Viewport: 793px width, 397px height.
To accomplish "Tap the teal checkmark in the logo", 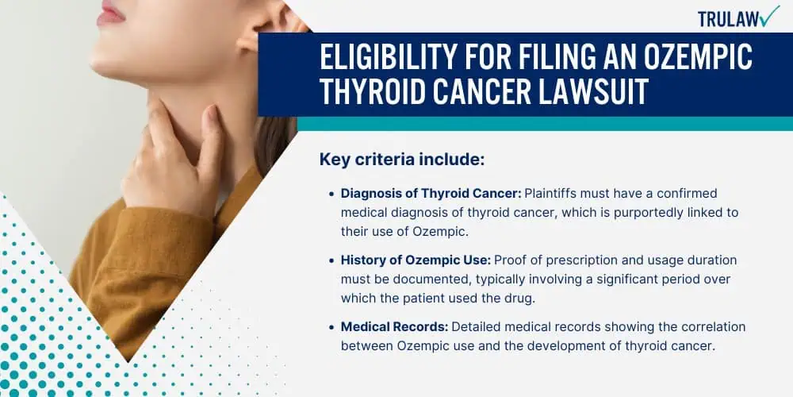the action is [x=770, y=16].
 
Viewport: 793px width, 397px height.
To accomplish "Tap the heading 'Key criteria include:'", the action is [x=402, y=160].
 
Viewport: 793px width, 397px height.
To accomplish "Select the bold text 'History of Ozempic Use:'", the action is [x=416, y=260].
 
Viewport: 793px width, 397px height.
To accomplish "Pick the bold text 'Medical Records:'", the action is [x=394, y=327].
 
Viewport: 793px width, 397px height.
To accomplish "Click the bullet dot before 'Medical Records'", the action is [x=331, y=328].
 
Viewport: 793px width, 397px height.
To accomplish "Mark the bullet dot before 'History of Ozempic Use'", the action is [x=331, y=260].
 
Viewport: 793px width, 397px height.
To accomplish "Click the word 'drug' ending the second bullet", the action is [x=521, y=299].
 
